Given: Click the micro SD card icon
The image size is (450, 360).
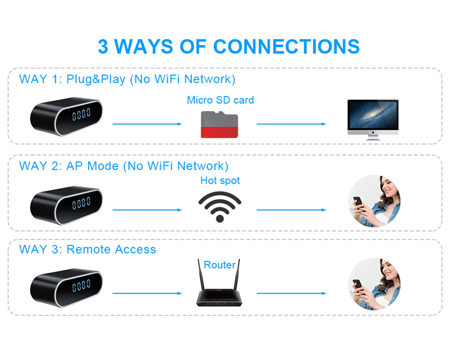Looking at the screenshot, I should coord(219,125).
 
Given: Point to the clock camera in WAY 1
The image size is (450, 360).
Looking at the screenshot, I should coord(66,116).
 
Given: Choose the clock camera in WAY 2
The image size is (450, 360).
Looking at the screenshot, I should coord(66,203).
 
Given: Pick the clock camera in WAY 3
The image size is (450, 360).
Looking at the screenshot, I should coord(66,286).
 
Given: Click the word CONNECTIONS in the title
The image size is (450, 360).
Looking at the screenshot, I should coord(287,47).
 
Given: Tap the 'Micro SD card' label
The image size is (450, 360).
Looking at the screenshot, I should coord(220,100).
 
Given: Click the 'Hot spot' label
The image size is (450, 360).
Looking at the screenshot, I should coord(220,181).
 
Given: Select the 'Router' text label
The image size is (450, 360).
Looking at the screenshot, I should coord(220,265).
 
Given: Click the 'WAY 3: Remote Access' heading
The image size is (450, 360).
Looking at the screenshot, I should coord(88,250).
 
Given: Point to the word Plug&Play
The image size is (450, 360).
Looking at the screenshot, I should coord(96,80).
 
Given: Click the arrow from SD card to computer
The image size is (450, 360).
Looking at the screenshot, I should coord(292,124).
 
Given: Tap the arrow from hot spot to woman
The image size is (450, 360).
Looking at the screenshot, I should coord(292,210).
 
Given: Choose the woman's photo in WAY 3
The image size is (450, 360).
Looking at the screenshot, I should coord(374,283).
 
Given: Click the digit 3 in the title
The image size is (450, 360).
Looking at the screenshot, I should coord(103,47).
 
